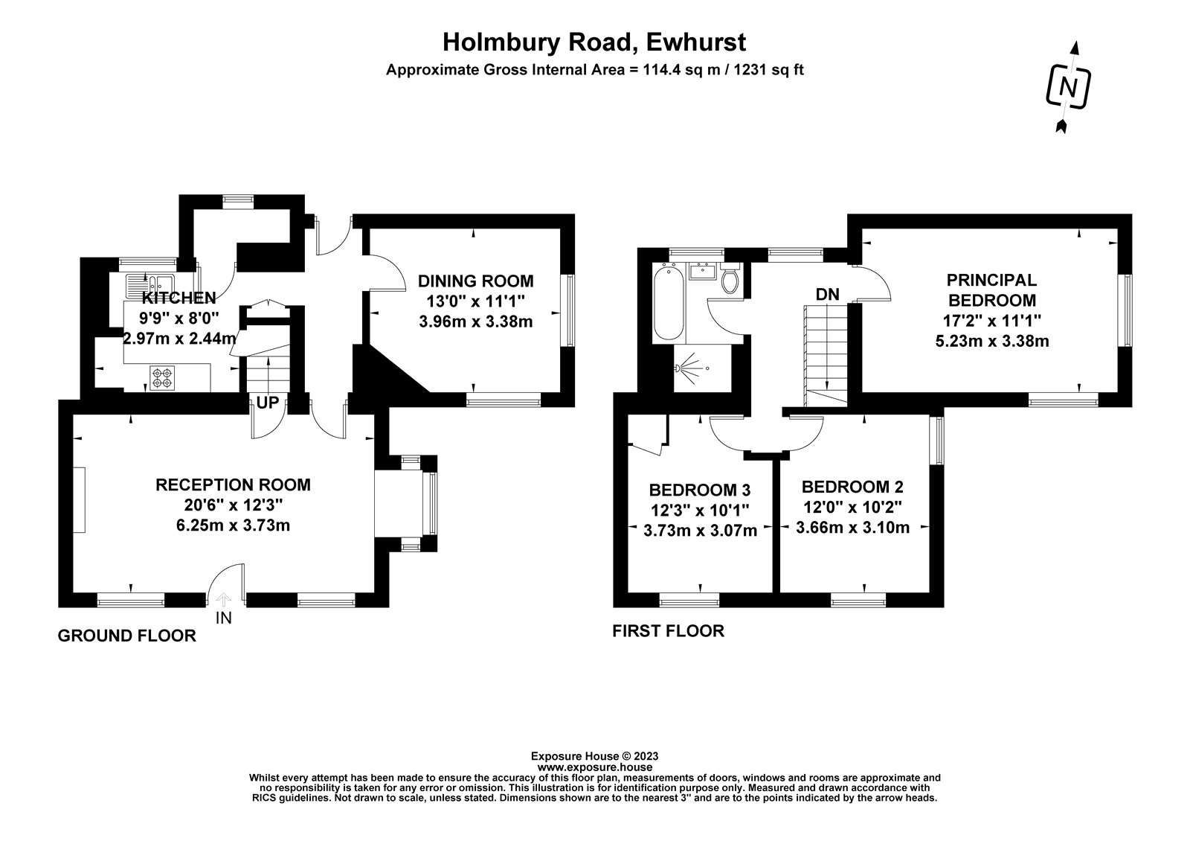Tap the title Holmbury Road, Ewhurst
point(594,42)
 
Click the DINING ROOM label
point(475,281)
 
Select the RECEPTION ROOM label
point(233,485)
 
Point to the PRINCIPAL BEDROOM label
point(992,290)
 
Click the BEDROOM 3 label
point(700,490)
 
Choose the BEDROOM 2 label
point(852,487)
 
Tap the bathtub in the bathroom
point(669,303)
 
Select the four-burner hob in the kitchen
point(162,377)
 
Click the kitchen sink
point(149,286)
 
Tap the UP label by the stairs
point(267,403)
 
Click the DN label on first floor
point(827,294)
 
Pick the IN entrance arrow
point(224,600)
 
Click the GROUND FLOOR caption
point(127,636)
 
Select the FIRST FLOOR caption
point(669,631)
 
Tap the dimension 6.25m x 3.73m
point(233,525)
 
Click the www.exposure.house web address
point(594,767)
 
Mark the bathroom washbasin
point(702,271)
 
